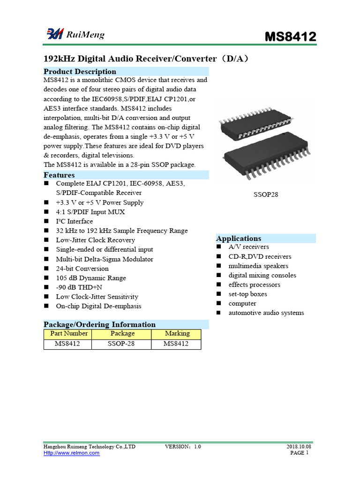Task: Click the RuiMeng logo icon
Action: [54, 34]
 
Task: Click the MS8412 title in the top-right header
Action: [291, 37]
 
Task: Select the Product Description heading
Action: [80, 72]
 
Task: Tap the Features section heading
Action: [59, 175]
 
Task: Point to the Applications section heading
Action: [239, 239]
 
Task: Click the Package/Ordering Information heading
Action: [99, 324]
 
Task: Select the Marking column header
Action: [177, 334]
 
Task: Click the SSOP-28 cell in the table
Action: [121, 344]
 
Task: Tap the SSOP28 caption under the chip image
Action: [266, 194]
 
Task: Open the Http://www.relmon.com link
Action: [71, 453]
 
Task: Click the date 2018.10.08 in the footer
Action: [299, 447]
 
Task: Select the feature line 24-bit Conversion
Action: [82, 269]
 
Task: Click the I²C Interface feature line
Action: [74, 221]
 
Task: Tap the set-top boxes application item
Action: [247, 294]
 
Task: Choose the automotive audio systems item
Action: [266, 313]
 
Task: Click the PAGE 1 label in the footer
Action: [299, 453]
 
